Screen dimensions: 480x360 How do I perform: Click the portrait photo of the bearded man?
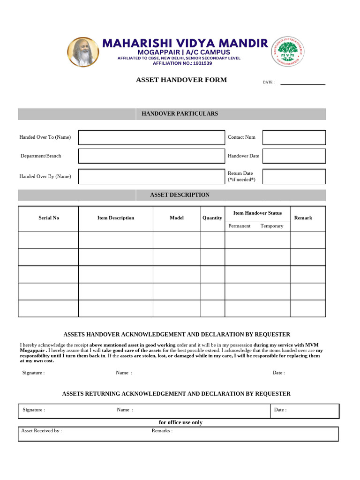[84, 52]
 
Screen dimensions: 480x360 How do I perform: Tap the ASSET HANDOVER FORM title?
[181, 80]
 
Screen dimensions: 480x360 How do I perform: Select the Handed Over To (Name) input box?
[151, 137]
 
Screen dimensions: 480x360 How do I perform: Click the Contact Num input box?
[294, 137]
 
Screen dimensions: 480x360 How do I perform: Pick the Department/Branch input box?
[151, 156]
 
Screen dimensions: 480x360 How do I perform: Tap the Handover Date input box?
[294, 156]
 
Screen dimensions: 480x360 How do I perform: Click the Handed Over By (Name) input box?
[151, 176]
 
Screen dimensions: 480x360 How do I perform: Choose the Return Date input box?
[294, 176]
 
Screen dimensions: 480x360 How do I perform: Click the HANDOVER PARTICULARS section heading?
[180, 113]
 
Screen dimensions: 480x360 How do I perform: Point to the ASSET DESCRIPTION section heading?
[180, 195]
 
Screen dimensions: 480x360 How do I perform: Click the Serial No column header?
[49, 218]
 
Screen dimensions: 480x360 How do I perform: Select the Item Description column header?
[115, 218]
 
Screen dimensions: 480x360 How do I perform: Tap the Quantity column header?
[212, 218]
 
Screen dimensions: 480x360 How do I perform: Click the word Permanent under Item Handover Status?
[239, 226]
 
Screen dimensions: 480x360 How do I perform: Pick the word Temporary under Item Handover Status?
[272, 226]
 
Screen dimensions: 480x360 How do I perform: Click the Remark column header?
[303, 218]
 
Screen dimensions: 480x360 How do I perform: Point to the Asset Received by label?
[41, 430]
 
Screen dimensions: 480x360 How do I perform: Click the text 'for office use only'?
[180, 422]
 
